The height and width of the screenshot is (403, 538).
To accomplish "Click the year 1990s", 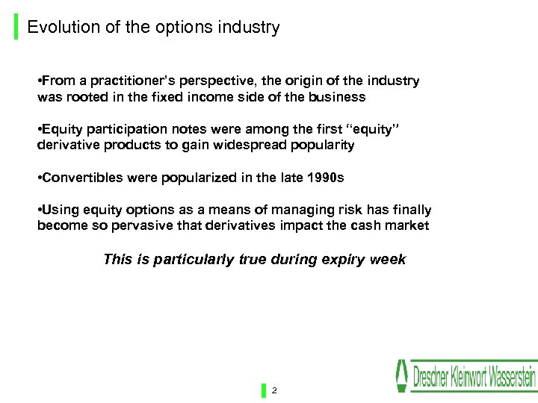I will pyautogui.click(x=324, y=178).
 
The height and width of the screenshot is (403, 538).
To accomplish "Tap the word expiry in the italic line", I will pyautogui.click(x=346, y=260).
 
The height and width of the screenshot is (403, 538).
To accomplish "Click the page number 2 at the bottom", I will pyautogui.click(x=274, y=390).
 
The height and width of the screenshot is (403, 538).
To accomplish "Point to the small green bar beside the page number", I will pyautogui.click(x=264, y=390).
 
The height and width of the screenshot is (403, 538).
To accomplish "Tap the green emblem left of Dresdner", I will pyautogui.click(x=403, y=375).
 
